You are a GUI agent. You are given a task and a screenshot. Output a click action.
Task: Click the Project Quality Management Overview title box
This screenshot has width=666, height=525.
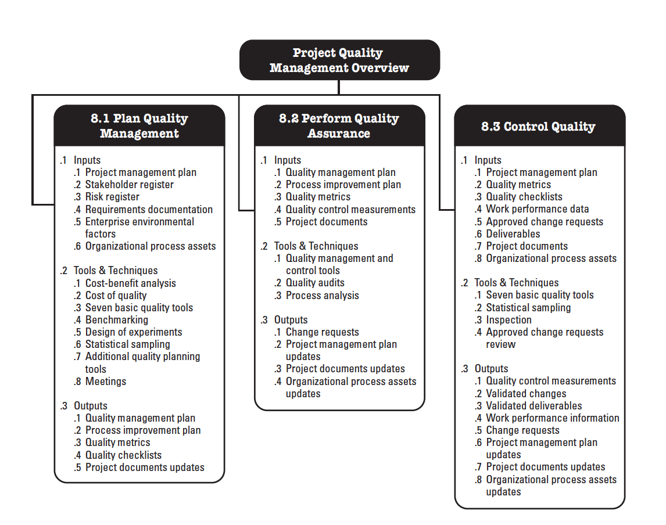pyautogui.click(x=339, y=60)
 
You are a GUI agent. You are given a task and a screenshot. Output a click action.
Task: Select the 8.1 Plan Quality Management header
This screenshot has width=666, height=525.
pyautogui.click(x=139, y=125)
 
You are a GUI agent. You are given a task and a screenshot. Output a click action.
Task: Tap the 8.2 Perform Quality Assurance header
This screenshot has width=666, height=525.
pyautogui.click(x=339, y=125)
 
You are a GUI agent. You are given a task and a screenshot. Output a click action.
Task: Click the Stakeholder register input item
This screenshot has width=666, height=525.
pyautogui.click(x=129, y=185)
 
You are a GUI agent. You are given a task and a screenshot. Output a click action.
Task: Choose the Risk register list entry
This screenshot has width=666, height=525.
pyautogui.click(x=112, y=197)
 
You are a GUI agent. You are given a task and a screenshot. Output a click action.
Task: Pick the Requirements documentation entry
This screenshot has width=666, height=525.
pyautogui.click(x=149, y=209)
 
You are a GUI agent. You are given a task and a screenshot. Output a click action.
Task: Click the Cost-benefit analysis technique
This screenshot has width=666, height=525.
pyautogui.click(x=130, y=283)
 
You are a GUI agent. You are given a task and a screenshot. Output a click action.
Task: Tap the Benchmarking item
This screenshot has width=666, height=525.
pyautogui.click(x=116, y=320)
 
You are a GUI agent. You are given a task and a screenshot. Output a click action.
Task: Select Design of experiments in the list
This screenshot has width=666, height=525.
pyautogui.click(x=134, y=332)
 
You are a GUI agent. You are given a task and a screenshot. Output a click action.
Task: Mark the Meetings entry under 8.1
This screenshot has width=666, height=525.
pyautogui.click(x=106, y=382)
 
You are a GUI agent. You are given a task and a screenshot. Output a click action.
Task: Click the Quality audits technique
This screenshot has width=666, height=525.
pyautogui.click(x=315, y=283)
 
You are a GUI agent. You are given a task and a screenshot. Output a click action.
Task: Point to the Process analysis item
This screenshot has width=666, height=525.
pyautogui.click(x=322, y=296)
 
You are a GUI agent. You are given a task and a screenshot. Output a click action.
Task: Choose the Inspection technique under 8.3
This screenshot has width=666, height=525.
pyautogui.click(x=509, y=320)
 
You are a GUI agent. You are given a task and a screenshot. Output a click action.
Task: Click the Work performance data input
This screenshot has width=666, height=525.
pyautogui.click(x=537, y=209)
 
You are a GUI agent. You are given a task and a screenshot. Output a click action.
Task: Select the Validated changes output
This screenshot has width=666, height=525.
pyautogui.click(x=525, y=393)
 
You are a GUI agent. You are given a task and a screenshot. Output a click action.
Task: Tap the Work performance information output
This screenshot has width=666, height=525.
pyautogui.click(x=552, y=418)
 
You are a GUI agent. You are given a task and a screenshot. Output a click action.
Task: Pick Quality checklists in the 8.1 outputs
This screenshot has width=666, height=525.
pyautogui.click(x=123, y=455)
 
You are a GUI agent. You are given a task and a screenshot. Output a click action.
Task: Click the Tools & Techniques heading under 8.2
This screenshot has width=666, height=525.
pyautogui.click(x=316, y=246)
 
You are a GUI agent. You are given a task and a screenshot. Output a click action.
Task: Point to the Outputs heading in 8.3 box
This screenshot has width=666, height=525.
pyautogui.click(x=491, y=369)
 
